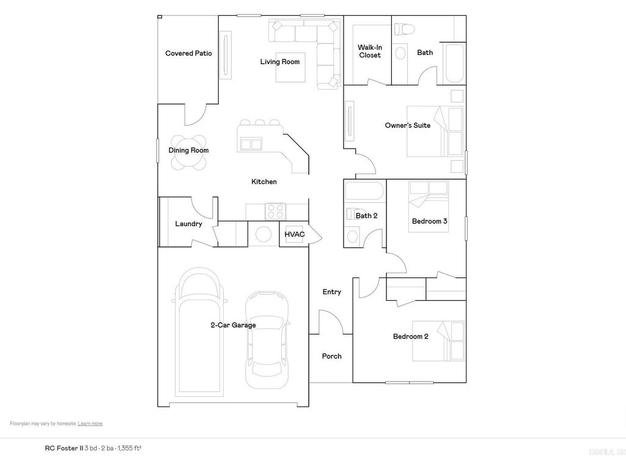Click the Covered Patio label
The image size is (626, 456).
coord(188,54)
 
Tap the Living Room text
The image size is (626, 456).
coord(279,62)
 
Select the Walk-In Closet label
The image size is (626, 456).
coord(369,51)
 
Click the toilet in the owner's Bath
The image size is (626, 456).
coord(402,29)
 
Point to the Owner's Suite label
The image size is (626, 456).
coord(407,125)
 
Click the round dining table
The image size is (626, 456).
coord(188,151)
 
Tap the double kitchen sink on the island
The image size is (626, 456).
coord(251,144)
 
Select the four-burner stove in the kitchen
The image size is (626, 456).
coord(274,211)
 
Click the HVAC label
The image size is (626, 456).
coord(295,235)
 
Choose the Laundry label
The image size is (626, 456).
coord(188,224)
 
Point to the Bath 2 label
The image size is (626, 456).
coord(366,216)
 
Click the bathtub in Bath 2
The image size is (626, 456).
coord(364,191)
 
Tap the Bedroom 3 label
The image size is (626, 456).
coord(430,221)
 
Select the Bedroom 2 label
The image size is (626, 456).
coord(410,337)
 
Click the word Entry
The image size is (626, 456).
coord(332,292)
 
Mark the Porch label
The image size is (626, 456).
coord(332,356)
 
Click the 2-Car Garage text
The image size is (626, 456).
coord(233,325)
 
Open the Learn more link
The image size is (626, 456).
coord(90,424)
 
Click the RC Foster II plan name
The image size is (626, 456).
coord(64,448)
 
